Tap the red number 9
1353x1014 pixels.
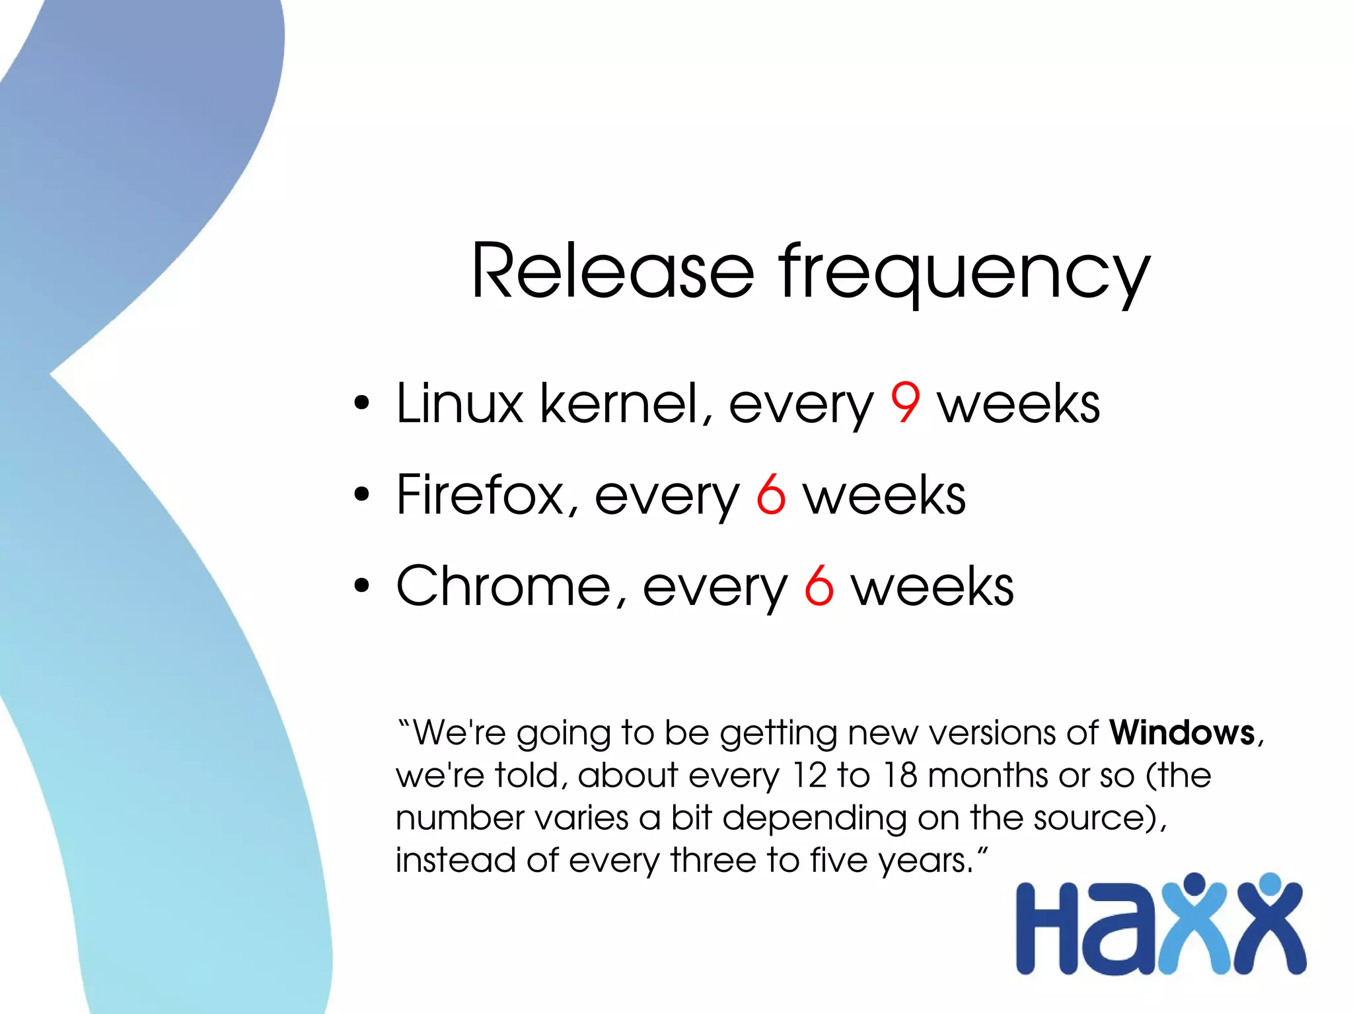point(904,403)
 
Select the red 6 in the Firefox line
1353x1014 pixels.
point(770,495)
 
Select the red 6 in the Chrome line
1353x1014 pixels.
point(819,586)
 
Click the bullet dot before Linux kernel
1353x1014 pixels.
point(361,403)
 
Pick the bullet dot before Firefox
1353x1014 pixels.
point(361,495)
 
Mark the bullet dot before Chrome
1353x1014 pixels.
point(361,586)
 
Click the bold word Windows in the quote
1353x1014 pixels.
point(1182,733)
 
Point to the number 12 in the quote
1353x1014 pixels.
point(809,775)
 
